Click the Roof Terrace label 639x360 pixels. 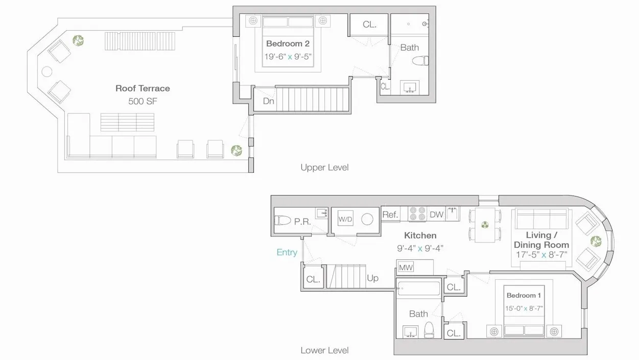point(143,88)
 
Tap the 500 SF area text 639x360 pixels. point(143,101)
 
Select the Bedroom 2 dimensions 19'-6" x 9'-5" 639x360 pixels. point(288,57)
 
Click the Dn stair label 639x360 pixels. point(269,101)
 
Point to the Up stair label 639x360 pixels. point(373,278)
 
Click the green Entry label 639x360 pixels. point(287,252)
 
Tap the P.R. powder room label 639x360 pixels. point(303,221)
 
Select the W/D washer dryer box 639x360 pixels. point(345,219)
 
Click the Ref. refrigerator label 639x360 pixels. point(390,215)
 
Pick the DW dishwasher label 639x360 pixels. point(436,215)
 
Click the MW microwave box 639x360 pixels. point(406,267)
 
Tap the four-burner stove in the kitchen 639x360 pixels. point(418,213)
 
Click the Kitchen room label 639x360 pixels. point(420,235)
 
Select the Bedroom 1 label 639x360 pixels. point(524,296)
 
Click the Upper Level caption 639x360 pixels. point(324,167)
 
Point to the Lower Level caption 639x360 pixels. point(324,350)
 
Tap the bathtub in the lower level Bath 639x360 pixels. point(418,289)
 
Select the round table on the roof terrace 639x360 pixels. point(47,71)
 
